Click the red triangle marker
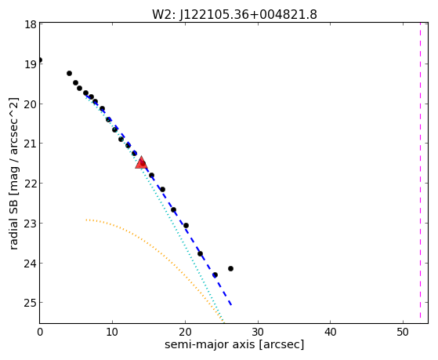click(141, 163)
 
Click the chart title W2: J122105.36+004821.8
click(234, 14)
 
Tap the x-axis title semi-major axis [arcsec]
click(234, 344)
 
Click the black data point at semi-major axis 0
click(40, 60)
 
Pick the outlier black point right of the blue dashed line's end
click(230, 268)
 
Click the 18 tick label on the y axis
click(30, 24)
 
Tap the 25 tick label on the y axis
click(30, 303)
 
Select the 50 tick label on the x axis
click(403, 332)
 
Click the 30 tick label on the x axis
click(258, 332)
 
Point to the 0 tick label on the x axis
click(40, 332)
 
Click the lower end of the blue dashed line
click(231, 304)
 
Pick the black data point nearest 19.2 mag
click(69, 73)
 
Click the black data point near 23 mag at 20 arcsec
click(186, 225)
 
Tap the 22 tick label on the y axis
click(30, 184)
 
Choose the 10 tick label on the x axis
click(112, 332)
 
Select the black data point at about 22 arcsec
click(200, 253)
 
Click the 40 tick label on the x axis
click(330, 332)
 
